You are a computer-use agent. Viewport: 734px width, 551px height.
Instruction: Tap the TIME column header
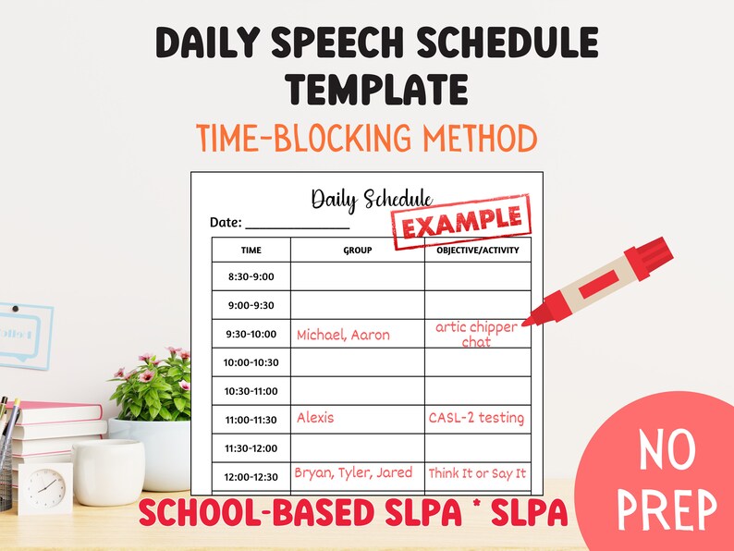251,250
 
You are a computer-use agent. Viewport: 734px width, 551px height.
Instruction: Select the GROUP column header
357,250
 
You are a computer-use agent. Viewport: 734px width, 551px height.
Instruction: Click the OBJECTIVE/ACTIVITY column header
478,250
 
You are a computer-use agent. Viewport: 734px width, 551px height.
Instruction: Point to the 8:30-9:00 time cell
251,276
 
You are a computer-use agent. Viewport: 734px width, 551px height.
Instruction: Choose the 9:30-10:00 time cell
251,334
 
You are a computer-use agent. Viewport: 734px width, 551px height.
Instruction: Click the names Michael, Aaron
343,335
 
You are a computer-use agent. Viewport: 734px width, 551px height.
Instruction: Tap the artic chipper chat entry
476,335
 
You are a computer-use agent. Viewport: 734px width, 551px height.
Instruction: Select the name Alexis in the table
315,418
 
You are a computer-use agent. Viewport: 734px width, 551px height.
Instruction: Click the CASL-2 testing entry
476,418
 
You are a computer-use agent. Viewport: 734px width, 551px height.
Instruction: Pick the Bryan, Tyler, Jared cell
353,473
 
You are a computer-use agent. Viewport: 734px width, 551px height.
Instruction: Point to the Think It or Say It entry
477,473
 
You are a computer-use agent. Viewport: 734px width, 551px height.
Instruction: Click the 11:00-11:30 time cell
251,420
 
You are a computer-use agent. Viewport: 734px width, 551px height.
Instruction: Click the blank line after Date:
297,225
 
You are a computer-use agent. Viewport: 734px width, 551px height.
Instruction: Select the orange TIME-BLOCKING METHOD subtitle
367,139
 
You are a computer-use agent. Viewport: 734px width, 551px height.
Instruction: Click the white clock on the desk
45,487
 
